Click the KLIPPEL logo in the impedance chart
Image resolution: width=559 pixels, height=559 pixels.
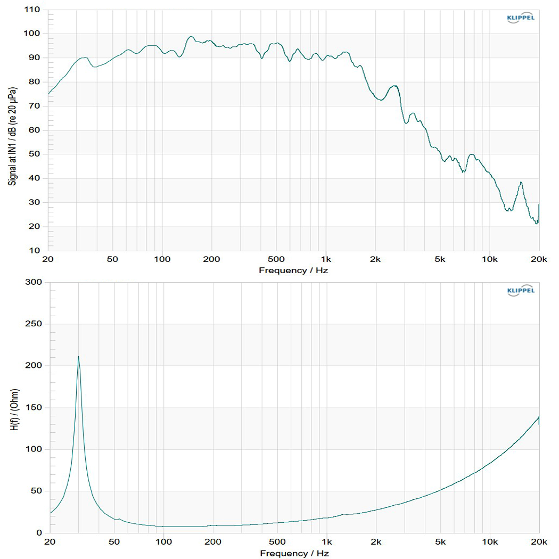pos(520,291)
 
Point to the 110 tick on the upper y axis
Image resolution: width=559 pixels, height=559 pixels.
pos(33,10)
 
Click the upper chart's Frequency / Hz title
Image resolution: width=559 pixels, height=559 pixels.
pos(294,270)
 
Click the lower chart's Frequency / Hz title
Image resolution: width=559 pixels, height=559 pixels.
pos(294,554)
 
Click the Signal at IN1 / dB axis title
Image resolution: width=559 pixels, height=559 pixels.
pos(11,130)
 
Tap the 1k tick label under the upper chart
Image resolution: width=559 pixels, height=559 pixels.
pos(326,259)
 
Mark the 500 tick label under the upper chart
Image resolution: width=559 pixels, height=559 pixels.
pos(276,259)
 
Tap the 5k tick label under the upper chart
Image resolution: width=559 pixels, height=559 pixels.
pos(440,259)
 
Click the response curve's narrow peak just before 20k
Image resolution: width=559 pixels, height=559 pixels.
pos(521,182)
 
